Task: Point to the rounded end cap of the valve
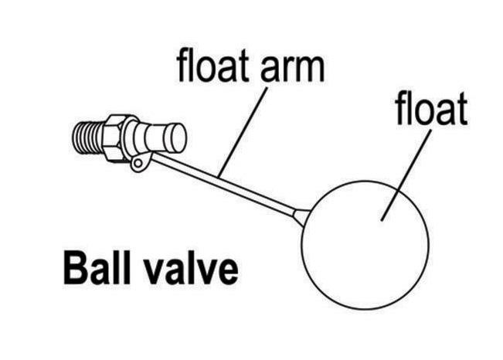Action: tap(177, 139)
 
